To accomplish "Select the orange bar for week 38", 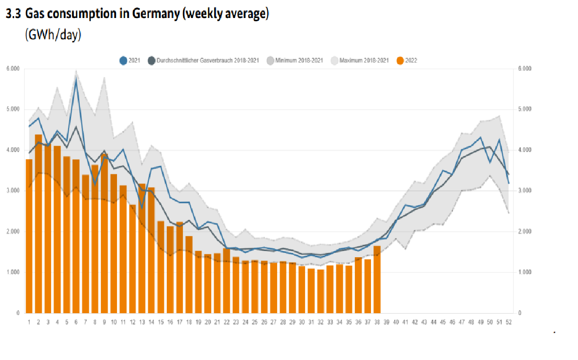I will coord(377,279).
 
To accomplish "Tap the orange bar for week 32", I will coord(321,291).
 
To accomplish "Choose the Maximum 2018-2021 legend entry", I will coord(360,60).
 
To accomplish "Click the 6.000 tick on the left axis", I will coord(13,69).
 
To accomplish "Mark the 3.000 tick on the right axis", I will coord(524,191).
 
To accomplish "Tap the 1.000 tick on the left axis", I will coord(13,272).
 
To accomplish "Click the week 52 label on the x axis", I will coord(508,322).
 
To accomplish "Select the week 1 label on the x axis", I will coord(29,322).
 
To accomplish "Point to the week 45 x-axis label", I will coord(443,322).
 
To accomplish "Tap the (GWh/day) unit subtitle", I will coord(53,35).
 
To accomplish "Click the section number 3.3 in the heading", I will coord(13,14).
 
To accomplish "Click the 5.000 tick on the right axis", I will coord(524,109).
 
